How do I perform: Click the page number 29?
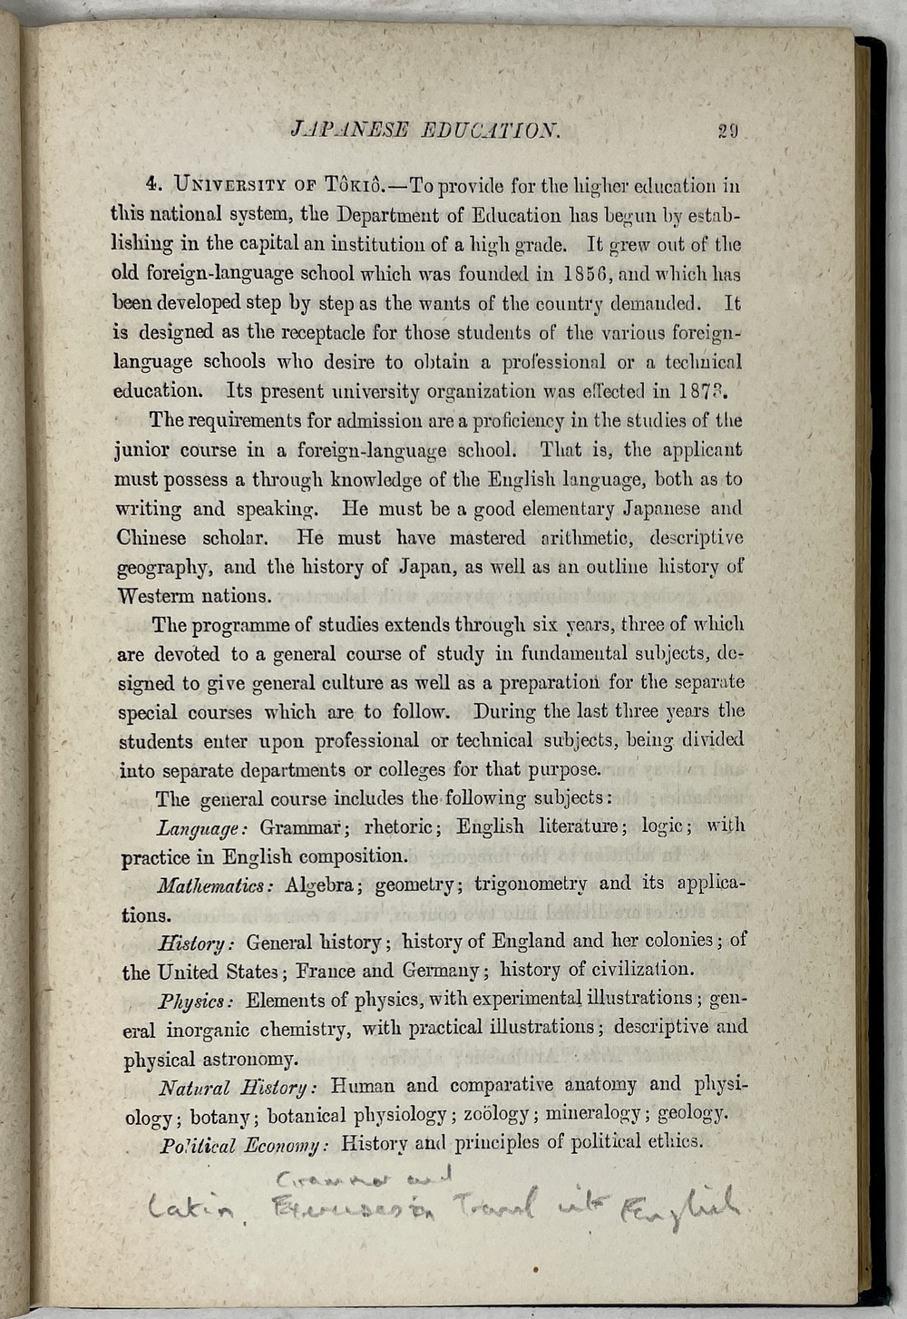click(728, 130)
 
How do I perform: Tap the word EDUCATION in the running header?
click(491, 129)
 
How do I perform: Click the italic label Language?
click(202, 828)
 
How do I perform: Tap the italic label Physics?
click(196, 1001)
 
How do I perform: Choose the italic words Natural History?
click(237, 1087)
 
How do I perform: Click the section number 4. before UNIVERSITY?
click(154, 185)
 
